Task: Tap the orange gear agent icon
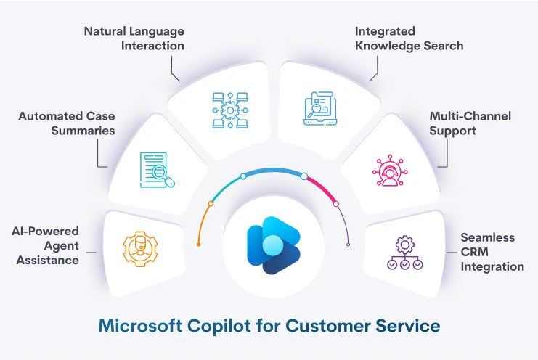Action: pyautogui.click(x=139, y=247)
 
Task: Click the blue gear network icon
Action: pyautogui.click(x=227, y=110)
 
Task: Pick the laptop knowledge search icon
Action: pyautogui.click(x=321, y=109)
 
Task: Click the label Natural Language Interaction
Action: pyautogui.click(x=134, y=38)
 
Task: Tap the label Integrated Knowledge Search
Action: pyautogui.click(x=409, y=38)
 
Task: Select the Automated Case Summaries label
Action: pyautogui.click(x=66, y=123)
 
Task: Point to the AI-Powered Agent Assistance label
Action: pyautogui.click(x=45, y=245)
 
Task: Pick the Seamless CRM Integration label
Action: pyautogui.click(x=492, y=252)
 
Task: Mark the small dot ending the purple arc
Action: pyautogui.click(x=348, y=245)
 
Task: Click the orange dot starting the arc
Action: pyautogui.click(x=198, y=245)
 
